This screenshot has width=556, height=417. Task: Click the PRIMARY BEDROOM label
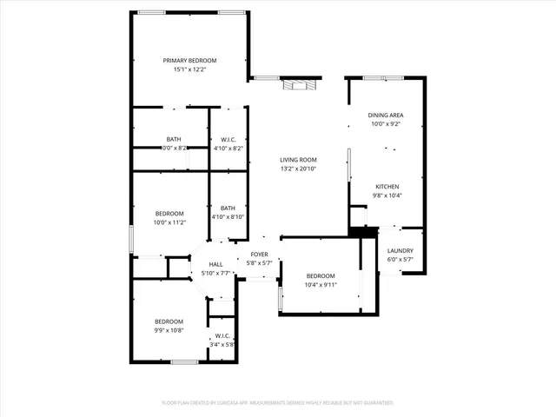pyautogui.click(x=190, y=60)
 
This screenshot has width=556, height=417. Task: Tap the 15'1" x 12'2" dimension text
pyautogui.click(x=190, y=69)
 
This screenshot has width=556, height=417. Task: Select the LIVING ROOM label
pyautogui.click(x=298, y=160)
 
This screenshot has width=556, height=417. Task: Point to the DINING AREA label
pyautogui.click(x=386, y=115)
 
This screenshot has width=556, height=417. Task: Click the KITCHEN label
pyautogui.click(x=387, y=187)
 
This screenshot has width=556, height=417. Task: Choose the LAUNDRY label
pyautogui.click(x=400, y=250)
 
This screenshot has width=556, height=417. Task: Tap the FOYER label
pyautogui.click(x=259, y=255)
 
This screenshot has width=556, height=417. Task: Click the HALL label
pyautogui.click(x=215, y=264)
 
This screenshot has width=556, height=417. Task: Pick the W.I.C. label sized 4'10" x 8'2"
pyautogui.click(x=228, y=139)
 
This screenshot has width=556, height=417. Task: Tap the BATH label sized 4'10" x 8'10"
pyautogui.click(x=228, y=208)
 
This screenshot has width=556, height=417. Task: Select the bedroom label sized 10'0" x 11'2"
pyautogui.click(x=169, y=214)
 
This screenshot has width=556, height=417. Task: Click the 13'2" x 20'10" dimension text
pyautogui.click(x=298, y=169)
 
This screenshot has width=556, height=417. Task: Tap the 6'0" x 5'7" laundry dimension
pyautogui.click(x=400, y=260)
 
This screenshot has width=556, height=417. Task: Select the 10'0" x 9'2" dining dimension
pyautogui.click(x=386, y=124)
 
